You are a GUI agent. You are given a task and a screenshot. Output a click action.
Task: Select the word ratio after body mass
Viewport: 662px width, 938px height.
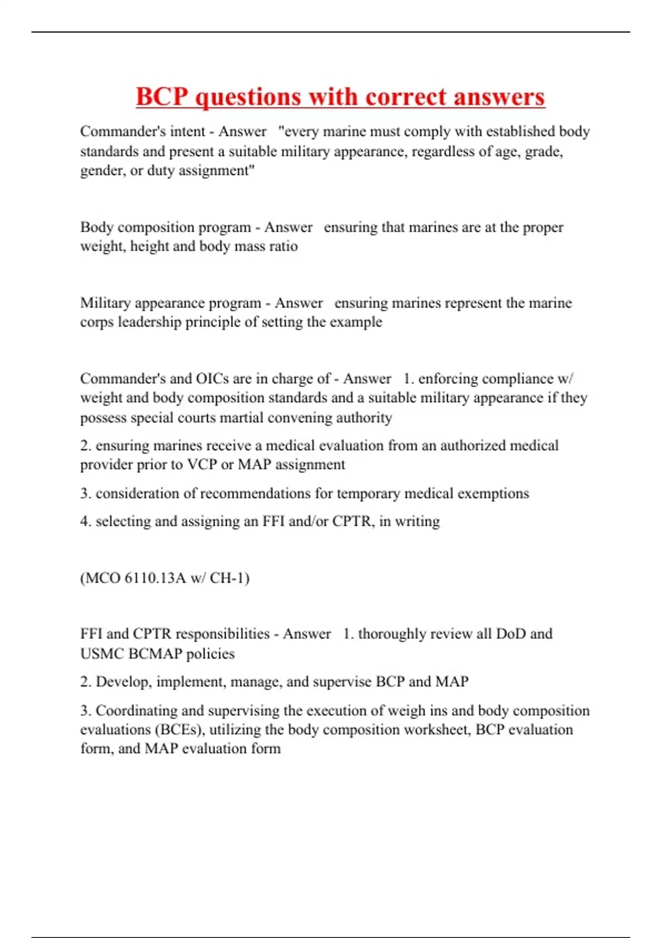[284, 246]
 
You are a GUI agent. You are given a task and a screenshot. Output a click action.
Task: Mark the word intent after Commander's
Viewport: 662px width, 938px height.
[185, 132]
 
